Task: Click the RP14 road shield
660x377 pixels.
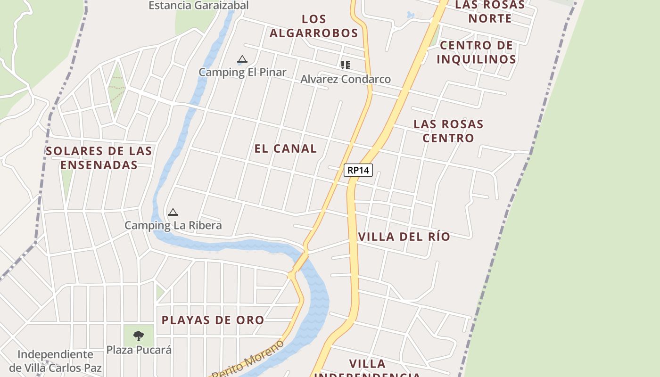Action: (358, 170)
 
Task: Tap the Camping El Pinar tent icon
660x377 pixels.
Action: (242, 59)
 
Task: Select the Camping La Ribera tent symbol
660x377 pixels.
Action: (173, 213)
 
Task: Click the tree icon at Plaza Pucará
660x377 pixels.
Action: (139, 336)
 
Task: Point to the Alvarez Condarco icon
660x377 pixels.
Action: (346, 65)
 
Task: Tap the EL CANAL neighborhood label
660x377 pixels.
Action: (286, 148)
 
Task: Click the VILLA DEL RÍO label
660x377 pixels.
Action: (404, 237)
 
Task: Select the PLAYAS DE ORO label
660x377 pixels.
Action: (213, 320)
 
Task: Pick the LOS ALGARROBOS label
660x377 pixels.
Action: (314, 26)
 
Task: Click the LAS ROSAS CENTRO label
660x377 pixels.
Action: (448, 131)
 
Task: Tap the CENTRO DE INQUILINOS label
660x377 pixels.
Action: (476, 52)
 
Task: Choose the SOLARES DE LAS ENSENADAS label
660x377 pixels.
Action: (99, 158)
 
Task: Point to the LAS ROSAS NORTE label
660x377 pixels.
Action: (490, 12)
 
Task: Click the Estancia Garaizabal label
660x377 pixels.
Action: (198, 6)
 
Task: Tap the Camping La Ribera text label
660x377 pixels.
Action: (173, 225)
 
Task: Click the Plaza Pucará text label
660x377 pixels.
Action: (139, 350)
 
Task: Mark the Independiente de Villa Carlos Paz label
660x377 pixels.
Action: (56, 361)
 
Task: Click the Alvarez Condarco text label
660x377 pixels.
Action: (346, 79)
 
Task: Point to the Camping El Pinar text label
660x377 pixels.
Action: (242, 73)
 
